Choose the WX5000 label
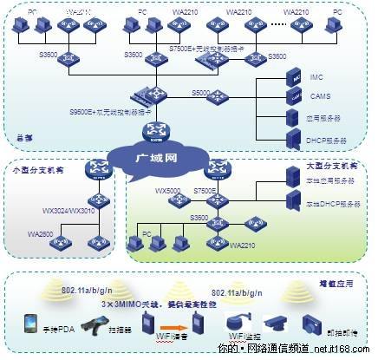(x=166, y=189)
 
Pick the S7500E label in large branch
(x=208, y=189)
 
